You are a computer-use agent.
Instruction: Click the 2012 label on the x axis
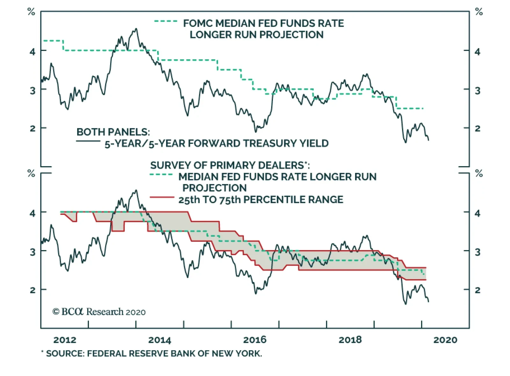(x=65, y=340)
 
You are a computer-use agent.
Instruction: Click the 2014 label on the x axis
(x=160, y=340)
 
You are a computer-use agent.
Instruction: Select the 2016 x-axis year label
(x=255, y=340)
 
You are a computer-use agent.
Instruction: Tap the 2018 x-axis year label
(x=350, y=340)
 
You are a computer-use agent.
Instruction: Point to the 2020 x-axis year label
(x=445, y=340)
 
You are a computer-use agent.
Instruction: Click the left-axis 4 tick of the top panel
(x=33, y=51)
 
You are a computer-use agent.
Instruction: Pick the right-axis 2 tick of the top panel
(x=477, y=129)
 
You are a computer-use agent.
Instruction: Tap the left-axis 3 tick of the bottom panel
(x=33, y=252)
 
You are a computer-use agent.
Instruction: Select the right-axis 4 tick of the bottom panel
(x=477, y=213)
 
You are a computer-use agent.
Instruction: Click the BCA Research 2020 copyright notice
(x=99, y=312)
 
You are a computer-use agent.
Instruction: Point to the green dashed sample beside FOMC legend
(x=166, y=21)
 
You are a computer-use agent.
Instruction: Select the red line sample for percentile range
(x=162, y=197)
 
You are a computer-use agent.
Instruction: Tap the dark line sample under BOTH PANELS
(x=88, y=141)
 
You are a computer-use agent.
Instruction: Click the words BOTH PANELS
(x=113, y=132)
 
